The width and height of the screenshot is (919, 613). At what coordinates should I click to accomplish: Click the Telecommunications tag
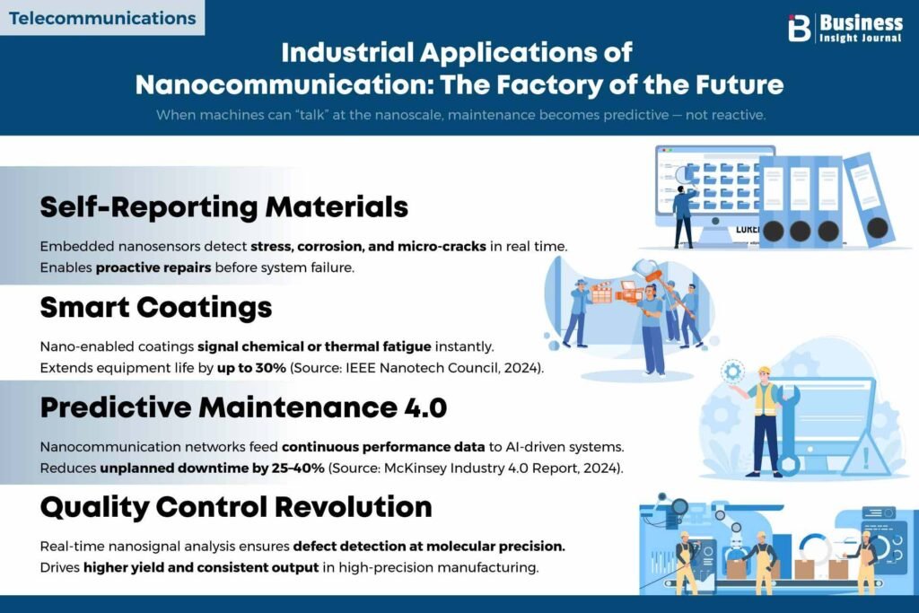pos(102,18)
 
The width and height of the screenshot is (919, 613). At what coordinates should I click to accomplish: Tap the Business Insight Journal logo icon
pos(799,28)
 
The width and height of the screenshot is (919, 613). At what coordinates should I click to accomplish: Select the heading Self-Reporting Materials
pos(223,206)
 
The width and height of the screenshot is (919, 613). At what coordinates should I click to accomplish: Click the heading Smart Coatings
pos(156,308)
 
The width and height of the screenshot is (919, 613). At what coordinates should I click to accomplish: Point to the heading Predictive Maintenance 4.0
pos(243,407)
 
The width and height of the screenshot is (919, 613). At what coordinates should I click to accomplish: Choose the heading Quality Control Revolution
pos(236,507)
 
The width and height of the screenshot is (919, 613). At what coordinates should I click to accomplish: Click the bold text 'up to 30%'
pos(251,368)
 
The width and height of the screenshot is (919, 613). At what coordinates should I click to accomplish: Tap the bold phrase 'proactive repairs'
pos(153,267)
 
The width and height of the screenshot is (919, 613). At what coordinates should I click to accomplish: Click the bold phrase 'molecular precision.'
pos(495,547)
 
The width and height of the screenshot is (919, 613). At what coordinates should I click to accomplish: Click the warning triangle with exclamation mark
pos(865,453)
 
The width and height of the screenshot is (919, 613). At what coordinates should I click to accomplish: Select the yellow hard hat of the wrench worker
pos(764,371)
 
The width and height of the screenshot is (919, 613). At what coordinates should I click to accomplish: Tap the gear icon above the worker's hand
pos(732,372)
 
